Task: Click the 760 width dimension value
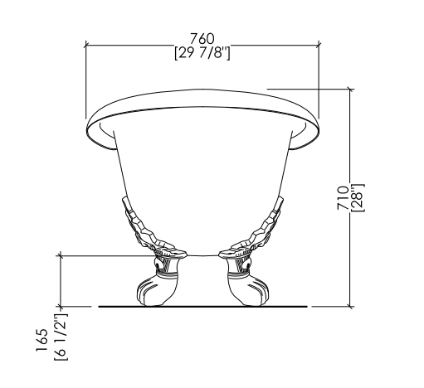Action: pyautogui.click(x=202, y=39)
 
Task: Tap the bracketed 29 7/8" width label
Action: pyautogui.click(x=202, y=53)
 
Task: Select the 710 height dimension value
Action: pyautogui.click(x=343, y=198)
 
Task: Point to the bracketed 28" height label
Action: pyautogui.click(x=358, y=198)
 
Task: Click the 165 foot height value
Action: pyautogui.click(x=42, y=340)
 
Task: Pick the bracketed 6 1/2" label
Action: pyautogui.click(x=61, y=337)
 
